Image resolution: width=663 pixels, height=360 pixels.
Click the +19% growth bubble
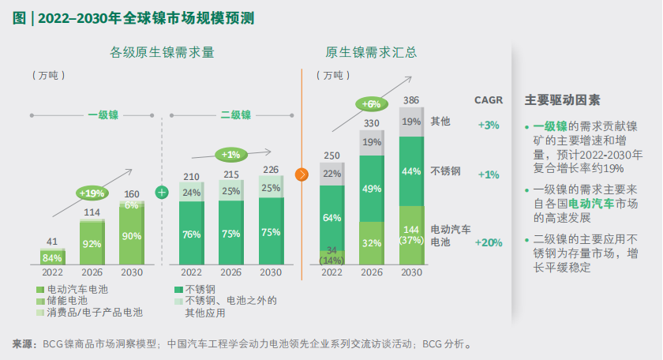[92, 192]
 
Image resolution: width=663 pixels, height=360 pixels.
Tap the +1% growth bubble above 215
[230, 154]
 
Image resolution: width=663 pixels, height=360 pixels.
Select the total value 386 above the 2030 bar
[411, 100]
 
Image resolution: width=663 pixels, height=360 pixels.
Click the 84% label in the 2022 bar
[52, 257]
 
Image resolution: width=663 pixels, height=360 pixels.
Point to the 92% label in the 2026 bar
[92, 243]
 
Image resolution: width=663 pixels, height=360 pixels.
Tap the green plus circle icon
[162, 192]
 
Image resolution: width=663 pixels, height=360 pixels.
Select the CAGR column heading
[489, 100]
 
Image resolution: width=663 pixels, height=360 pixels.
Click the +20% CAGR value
[489, 242]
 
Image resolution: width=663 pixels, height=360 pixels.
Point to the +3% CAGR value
[489, 125]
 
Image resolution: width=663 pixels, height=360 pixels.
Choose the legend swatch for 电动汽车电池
[40, 290]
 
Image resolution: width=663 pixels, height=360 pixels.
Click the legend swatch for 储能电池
[40, 301]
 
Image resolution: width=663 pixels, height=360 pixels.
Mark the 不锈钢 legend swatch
[178, 290]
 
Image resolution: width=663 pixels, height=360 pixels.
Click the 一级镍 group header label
[103, 115]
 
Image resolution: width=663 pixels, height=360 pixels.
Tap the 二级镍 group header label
[235, 115]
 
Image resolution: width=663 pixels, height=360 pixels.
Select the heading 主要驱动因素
[562, 100]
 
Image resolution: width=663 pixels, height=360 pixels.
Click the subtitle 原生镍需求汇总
[371, 53]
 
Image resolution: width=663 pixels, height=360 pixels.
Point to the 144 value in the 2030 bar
[411, 228]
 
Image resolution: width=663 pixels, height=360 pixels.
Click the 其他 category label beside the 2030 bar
[440, 122]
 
